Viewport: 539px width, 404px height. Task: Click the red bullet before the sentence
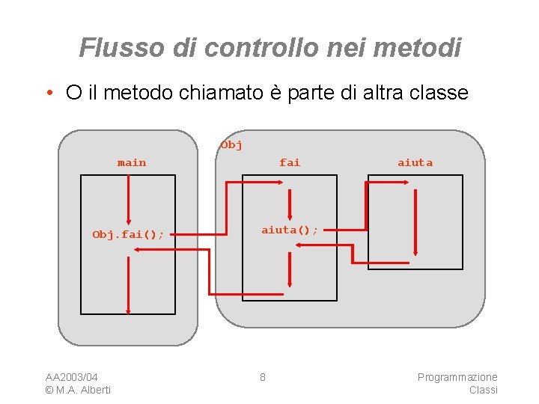click(48, 94)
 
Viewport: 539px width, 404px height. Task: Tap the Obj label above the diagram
click(231, 145)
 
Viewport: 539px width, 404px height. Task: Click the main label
click(132, 162)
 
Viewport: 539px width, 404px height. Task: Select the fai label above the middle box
click(289, 162)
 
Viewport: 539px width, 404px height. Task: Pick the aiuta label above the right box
click(415, 162)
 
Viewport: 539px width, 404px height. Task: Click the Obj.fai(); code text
click(128, 234)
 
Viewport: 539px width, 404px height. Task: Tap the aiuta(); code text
click(289, 230)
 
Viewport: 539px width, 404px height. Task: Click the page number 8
click(262, 376)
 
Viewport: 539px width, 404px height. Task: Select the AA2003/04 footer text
click(72, 376)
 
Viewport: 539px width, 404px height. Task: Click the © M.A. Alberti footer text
click(78, 390)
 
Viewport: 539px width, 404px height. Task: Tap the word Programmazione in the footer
click(457, 376)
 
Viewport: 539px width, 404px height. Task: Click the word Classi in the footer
click(483, 390)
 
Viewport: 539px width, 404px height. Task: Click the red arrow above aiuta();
click(290, 202)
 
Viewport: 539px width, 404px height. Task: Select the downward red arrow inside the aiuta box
click(415, 221)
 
